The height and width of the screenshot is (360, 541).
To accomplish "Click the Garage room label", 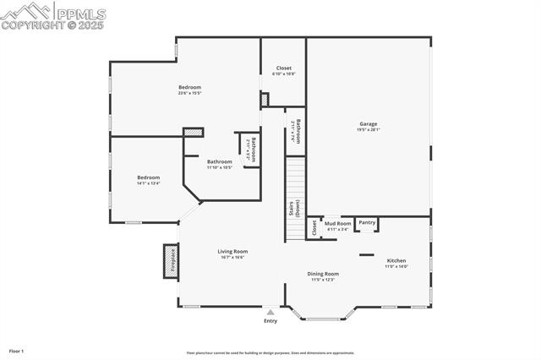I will (368, 124).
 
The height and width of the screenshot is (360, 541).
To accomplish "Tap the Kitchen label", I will (396, 260).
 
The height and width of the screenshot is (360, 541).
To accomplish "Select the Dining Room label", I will (323, 274).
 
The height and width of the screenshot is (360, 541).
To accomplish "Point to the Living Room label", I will (232, 251).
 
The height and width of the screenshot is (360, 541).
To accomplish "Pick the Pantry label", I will (367, 222).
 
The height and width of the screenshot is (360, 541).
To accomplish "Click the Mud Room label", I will (337, 223).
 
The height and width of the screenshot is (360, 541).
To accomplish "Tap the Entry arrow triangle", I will (270, 312).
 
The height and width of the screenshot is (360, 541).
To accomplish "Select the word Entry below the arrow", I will (270, 321).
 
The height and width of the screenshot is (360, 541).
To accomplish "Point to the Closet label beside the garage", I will (284, 68).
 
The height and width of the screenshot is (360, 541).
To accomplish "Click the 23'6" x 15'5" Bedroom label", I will (189, 87).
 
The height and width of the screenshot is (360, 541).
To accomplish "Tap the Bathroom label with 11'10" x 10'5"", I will (220, 161).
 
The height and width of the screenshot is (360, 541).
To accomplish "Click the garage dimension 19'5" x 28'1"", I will (368, 129).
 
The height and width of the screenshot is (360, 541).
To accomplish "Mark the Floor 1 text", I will (17, 350).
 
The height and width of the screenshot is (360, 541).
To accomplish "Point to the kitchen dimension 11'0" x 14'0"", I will (396, 266).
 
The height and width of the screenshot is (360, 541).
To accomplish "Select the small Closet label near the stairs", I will (314, 227).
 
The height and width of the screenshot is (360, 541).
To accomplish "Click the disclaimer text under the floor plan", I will (270, 353).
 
